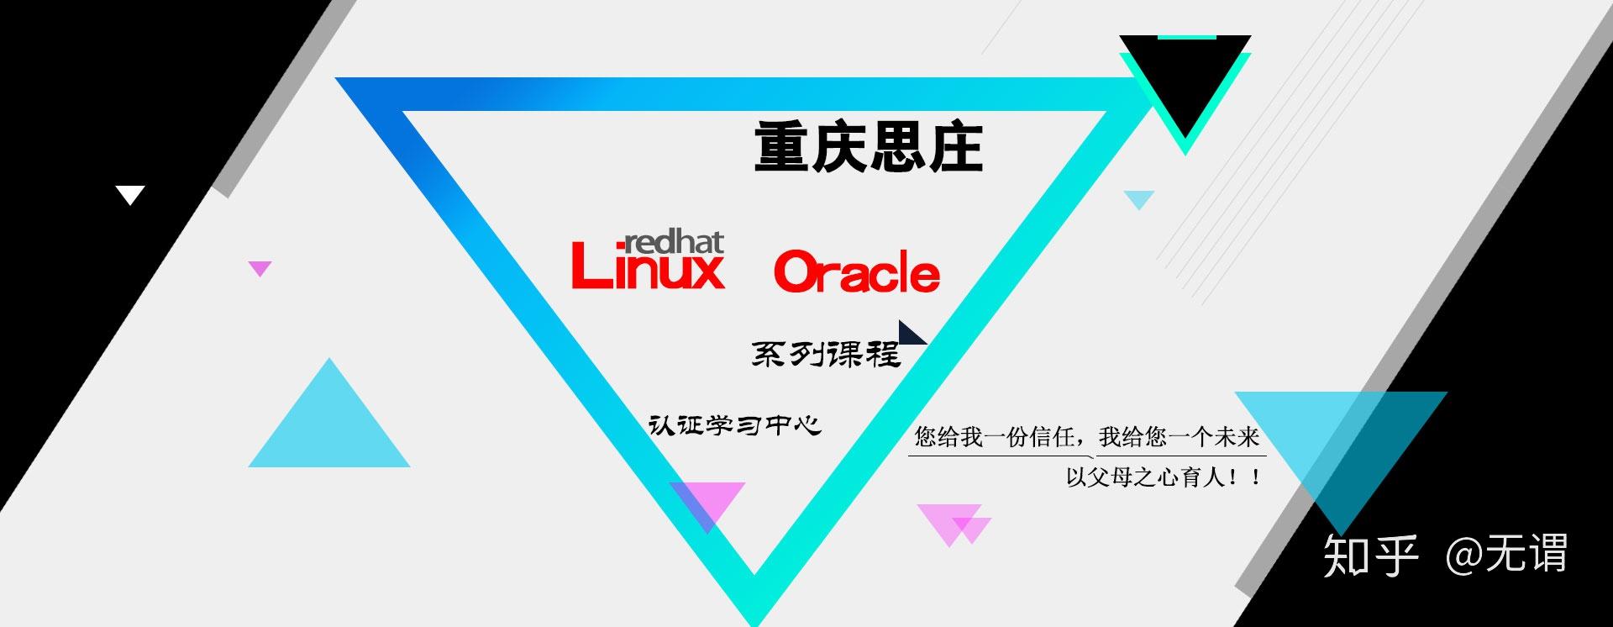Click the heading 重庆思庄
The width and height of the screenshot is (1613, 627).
tap(868, 147)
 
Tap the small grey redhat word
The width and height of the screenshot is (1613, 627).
tap(672, 243)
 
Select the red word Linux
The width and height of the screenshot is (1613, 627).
tap(647, 268)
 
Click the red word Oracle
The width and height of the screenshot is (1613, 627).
tap(856, 272)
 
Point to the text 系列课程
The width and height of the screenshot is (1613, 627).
tap(825, 354)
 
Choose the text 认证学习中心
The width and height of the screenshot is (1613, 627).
tap(734, 425)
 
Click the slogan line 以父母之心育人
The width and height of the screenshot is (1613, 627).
tap(1163, 477)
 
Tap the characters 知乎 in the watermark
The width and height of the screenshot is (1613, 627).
tap(1370, 555)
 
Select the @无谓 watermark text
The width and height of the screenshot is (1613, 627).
tap(1506, 554)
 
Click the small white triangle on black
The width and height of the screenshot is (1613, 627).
tap(130, 194)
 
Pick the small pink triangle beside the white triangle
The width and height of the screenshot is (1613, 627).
tap(260, 267)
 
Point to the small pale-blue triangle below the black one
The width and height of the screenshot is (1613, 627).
tap(1139, 198)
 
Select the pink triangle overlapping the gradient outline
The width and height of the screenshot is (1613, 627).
tap(707, 501)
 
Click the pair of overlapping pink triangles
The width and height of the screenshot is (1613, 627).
tap(955, 522)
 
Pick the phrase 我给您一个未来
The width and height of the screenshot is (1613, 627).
tap(1179, 437)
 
